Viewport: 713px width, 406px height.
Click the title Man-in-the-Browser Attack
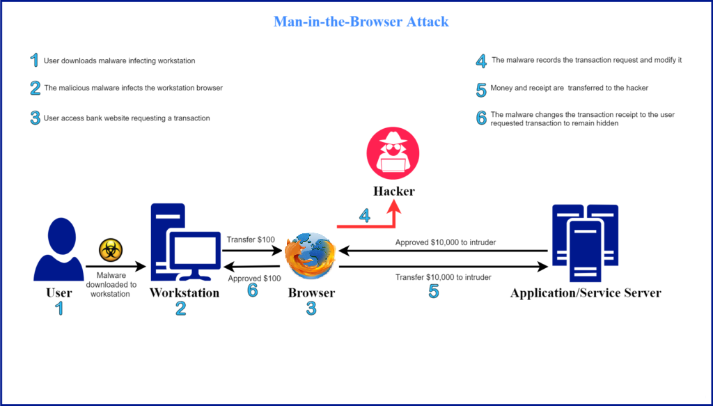(x=361, y=22)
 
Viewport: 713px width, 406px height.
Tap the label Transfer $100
(x=251, y=240)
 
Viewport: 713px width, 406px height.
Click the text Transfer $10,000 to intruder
(x=443, y=277)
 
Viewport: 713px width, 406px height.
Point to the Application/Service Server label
(x=585, y=293)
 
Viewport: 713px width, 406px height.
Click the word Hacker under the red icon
(x=393, y=189)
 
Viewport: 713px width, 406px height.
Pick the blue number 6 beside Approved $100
(x=252, y=290)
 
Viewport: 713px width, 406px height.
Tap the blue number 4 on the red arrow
(x=365, y=215)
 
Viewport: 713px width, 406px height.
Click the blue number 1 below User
(x=59, y=309)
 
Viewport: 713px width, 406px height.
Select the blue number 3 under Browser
(x=311, y=309)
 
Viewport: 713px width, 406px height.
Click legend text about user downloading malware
(x=119, y=61)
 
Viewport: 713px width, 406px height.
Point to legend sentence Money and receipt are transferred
(x=570, y=88)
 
